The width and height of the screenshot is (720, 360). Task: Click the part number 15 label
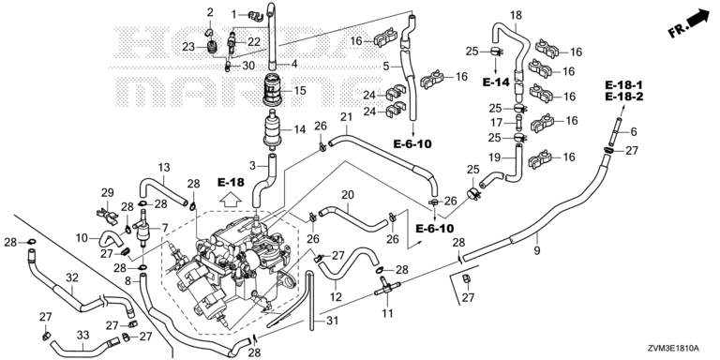pyautogui.click(x=299, y=90)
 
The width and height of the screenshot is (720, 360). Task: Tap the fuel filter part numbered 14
pyautogui.click(x=273, y=130)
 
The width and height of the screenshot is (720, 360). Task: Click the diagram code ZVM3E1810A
pyautogui.click(x=680, y=347)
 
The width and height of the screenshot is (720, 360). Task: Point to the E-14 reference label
pyautogui.click(x=496, y=82)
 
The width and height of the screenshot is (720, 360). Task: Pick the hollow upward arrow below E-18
pyautogui.click(x=230, y=200)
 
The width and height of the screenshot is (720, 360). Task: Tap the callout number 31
pyautogui.click(x=332, y=321)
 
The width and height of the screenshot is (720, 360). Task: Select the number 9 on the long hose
pyautogui.click(x=537, y=250)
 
